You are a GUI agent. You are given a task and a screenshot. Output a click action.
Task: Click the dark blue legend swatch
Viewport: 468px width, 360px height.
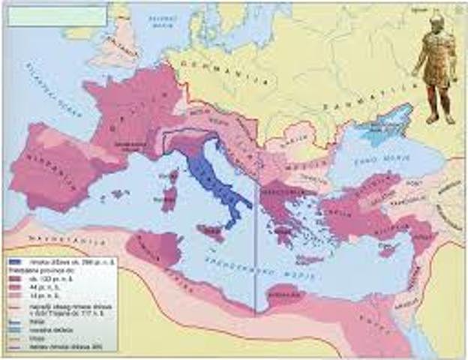[17, 262]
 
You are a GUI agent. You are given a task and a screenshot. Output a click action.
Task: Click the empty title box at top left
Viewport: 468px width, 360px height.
[56, 16]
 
